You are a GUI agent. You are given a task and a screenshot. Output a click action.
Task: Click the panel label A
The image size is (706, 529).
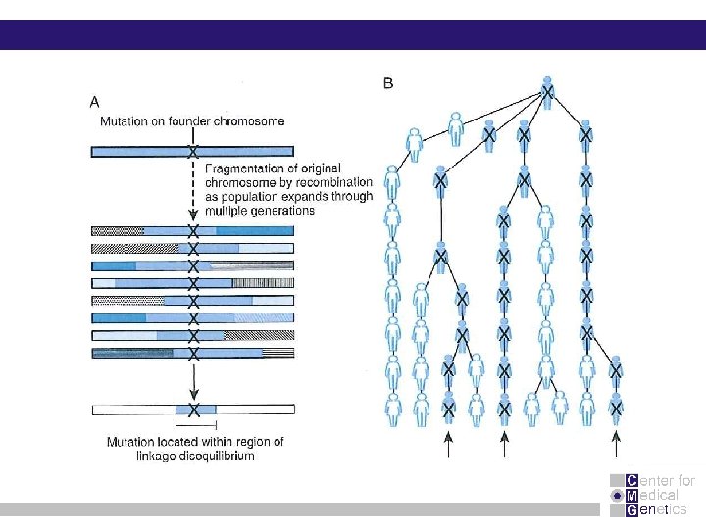point(94,101)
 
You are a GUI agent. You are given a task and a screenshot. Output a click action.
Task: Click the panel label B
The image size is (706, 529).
point(388,84)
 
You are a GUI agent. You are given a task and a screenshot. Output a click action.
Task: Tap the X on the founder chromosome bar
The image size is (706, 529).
point(193,152)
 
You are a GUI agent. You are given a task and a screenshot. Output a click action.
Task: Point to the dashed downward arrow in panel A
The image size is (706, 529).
point(193,191)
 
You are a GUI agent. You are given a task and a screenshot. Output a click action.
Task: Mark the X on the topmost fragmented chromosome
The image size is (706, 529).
point(193,231)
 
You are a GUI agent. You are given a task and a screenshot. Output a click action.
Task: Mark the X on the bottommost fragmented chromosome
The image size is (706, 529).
point(193,353)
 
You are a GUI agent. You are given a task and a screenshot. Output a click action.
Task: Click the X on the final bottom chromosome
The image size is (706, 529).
point(194,409)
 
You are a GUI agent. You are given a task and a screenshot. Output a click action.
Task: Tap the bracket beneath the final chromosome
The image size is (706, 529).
point(194,427)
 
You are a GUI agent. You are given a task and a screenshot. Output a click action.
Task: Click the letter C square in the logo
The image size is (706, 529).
point(631,480)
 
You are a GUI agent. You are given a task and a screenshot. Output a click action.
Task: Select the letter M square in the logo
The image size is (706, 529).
point(631,495)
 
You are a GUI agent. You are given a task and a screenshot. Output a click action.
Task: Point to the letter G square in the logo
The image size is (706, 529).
point(631,509)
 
